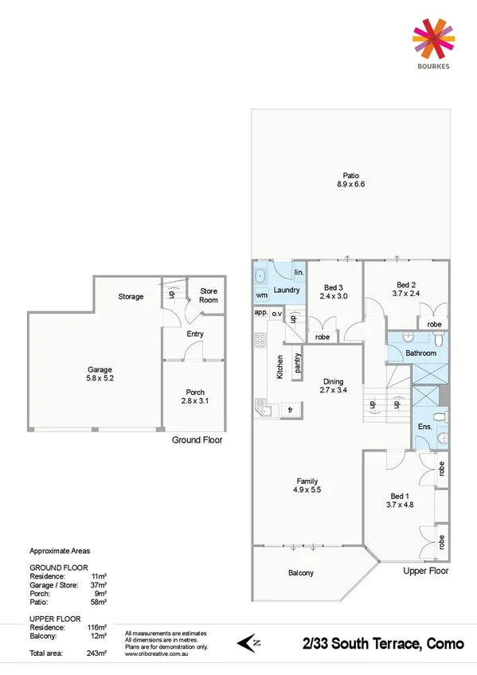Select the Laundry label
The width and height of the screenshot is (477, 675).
tap(287, 291)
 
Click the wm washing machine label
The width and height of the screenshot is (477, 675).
tap(261, 295)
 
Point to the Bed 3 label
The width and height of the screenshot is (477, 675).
tap(334, 287)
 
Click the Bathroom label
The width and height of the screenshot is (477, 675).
tap(420, 353)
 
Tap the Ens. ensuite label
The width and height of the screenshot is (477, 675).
tap(424, 427)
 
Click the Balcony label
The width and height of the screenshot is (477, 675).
tap(300, 573)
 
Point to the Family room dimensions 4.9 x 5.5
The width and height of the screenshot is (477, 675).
tap(308, 491)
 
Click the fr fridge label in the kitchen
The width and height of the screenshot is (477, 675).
tap(291, 409)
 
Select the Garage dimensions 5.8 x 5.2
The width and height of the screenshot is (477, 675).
tap(100, 379)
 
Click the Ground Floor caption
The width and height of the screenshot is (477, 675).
tap(197, 439)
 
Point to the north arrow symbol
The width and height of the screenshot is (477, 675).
tap(249, 642)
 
